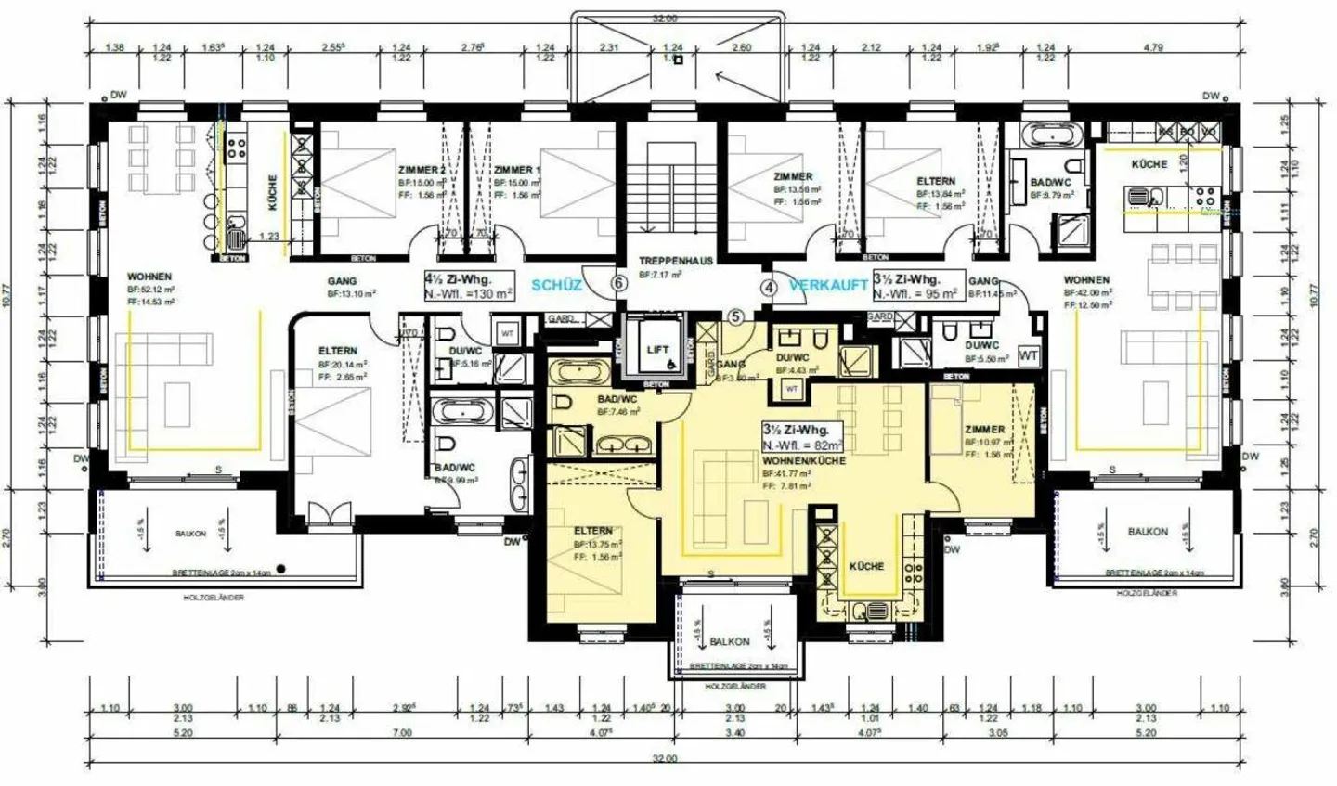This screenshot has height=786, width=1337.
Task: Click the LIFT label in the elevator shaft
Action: (656, 349)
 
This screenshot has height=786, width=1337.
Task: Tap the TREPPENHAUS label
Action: (675, 261)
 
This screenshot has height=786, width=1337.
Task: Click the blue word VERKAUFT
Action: (828, 286)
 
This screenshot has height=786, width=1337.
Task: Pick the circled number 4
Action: (768, 287)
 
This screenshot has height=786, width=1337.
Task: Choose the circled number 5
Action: (735, 316)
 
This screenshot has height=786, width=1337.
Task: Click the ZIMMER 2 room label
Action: (421, 171)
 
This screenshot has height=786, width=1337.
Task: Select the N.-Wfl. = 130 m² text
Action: (469, 292)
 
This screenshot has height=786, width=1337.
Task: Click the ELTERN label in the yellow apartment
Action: (592, 531)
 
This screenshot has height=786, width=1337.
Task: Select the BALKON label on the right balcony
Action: (1148, 532)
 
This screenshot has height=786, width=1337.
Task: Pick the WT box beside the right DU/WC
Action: (1028, 354)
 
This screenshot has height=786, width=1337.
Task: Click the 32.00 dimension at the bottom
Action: (665, 758)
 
